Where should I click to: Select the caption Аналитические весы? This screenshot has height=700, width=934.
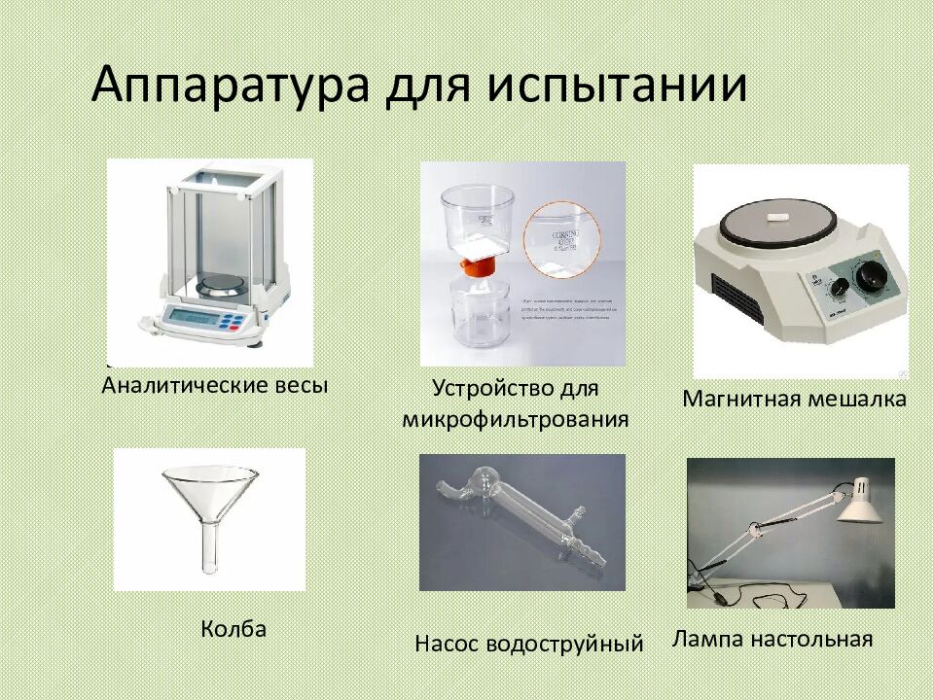click(215, 385)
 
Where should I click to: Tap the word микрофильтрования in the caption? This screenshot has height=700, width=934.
click(516, 420)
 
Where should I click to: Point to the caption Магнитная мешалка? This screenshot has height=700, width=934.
click(794, 399)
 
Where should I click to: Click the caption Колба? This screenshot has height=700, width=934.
click(233, 629)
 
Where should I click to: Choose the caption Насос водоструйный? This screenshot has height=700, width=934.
click(529, 644)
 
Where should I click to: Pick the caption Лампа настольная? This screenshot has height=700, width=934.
click(772, 639)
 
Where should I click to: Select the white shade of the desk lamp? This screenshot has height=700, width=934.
click(859, 501)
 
